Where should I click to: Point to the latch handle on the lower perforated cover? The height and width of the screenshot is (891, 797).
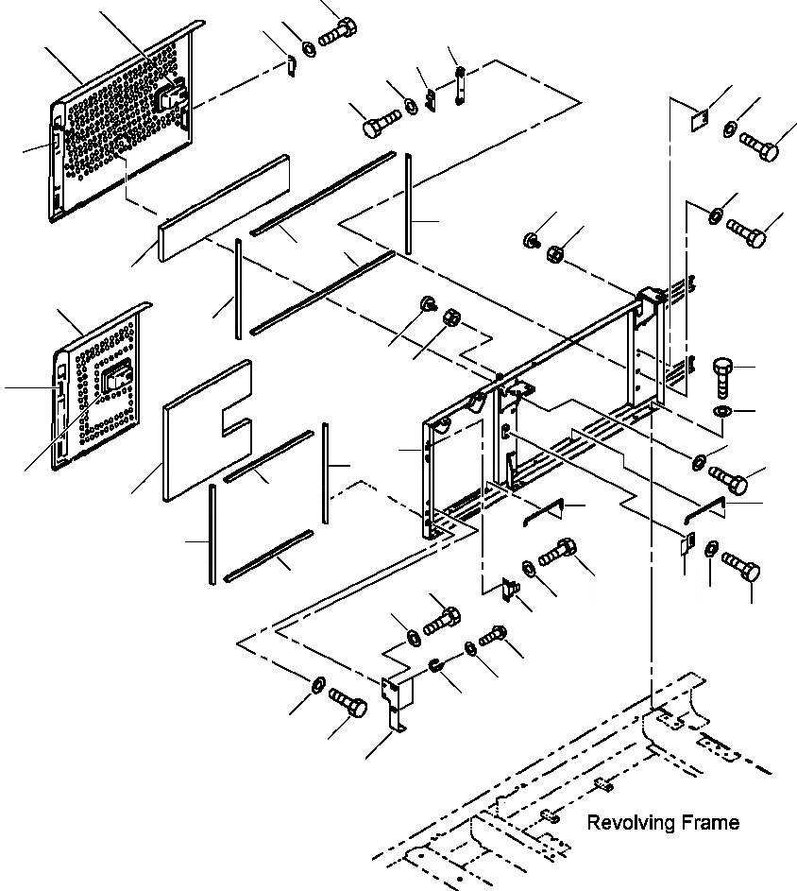click(119, 381)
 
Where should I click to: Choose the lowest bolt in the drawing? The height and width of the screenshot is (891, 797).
click(348, 703)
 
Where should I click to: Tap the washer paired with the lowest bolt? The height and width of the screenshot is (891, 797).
click(317, 682)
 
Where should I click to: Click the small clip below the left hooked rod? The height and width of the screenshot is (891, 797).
click(509, 589)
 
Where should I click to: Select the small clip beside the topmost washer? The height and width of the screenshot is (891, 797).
click(292, 65)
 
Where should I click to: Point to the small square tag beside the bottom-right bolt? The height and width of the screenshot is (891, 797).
click(687, 545)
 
